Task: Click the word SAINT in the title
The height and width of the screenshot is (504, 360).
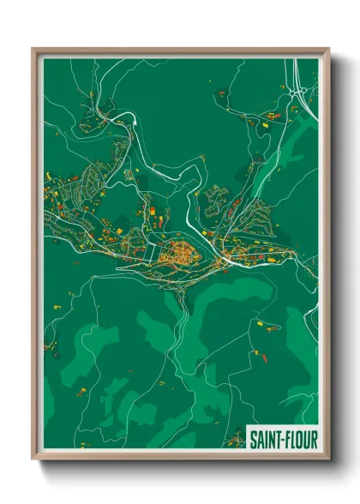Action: coord(264,440)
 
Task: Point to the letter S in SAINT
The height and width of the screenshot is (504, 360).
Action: coord(252,440)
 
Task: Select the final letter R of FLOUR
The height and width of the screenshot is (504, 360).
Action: coord(314,440)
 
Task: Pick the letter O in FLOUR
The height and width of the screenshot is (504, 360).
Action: coord(298,440)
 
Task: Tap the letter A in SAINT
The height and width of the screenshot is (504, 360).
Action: coord(258,440)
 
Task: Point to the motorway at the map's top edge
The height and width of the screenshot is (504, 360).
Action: coord(302,62)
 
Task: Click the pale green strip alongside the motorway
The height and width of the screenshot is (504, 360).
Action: coord(310,137)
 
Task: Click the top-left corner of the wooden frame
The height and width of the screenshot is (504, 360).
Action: coord(33,50)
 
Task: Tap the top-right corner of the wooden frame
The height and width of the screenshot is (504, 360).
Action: coord(327,50)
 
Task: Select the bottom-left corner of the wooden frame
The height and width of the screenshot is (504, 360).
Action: coord(33,459)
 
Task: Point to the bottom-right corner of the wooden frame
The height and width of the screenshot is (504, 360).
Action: coord(327,459)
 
